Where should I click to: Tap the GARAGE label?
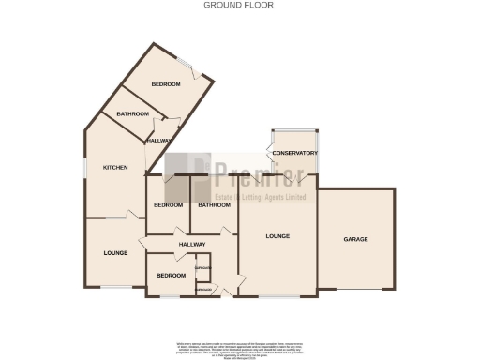(x=355, y=239)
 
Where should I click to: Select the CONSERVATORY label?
(x=294, y=153)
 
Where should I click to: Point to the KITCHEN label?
(x=115, y=168)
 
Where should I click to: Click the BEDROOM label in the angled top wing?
(x=166, y=85)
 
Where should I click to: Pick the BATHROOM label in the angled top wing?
(x=132, y=114)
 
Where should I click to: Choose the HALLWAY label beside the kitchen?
(x=159, y=141)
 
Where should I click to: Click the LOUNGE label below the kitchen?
(x=115, y=253)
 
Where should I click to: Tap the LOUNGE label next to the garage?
(x=277, y=235)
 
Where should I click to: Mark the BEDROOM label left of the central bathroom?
(x=168, y=205)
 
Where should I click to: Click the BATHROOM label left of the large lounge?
(x=214, y=205)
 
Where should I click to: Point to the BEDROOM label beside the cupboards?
(x=171, y=276)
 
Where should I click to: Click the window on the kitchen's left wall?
(x=85, y=166)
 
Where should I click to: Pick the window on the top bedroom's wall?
(x=188, y=67)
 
